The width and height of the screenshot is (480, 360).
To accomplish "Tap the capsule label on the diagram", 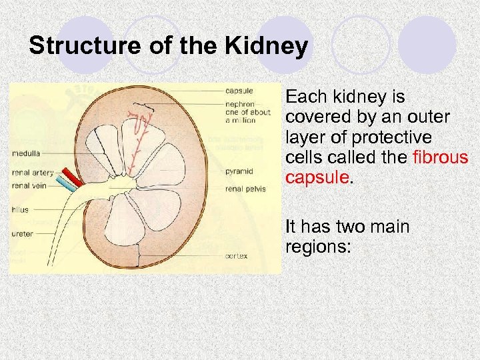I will [x=238, y=91].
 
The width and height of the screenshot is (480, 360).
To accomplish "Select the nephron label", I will [x=239, y=105].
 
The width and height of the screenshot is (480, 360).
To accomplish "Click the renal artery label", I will [x=33, y=173].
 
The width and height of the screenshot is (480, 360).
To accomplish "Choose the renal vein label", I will [x=29, y=185].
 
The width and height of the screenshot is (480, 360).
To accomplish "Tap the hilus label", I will [x=20, y=209].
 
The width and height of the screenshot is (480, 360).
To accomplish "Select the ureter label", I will [x=22, y=233].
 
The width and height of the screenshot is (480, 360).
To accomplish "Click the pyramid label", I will [x=239, y=171].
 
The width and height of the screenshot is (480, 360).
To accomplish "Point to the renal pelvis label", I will [x=245, y=189].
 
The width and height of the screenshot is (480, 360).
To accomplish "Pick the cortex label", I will [x=237, y=255].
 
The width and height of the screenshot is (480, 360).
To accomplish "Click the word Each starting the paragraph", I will [x=304, y=97].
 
